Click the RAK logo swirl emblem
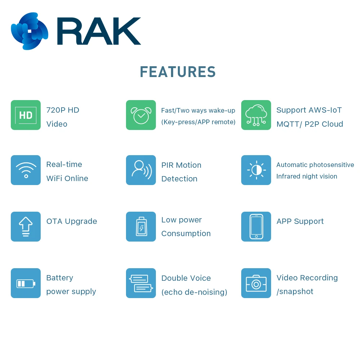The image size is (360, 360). coord(30,31)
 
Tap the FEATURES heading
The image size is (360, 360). coord(178,72)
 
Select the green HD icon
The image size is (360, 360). coord(26,115)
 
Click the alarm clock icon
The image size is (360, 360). coord(141,115)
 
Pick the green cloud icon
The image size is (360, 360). coord(256,115)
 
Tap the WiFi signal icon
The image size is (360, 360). coord(26,170)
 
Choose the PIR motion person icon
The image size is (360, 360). coord(141,170)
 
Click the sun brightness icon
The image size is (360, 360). coord(256,170)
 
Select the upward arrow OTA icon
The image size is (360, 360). coord(26,226)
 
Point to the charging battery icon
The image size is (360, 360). coord(141,226)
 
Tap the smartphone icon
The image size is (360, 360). coord(256,226)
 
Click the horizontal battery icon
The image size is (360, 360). coord(26,283)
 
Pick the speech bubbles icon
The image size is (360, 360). coord(141,283)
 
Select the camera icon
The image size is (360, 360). coord(256,283)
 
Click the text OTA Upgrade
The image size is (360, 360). coord(72,221)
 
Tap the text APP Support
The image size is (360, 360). coord(300,221)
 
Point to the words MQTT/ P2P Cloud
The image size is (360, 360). coord(310,124)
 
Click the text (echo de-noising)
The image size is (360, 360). coord(194,292)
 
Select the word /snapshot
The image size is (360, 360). coord(295,292)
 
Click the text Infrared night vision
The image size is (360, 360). coord(307,176)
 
